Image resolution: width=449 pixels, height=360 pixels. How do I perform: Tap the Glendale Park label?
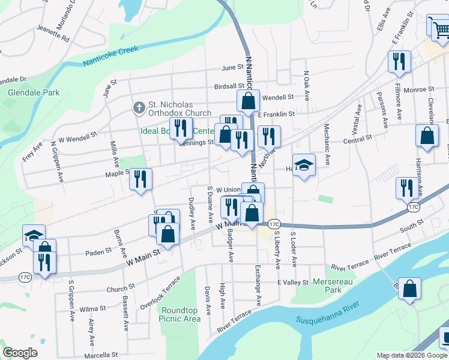[x=34, y=93]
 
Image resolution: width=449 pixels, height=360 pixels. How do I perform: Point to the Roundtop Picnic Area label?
[x=179, y=314]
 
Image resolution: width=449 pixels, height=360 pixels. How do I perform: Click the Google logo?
[x=20, y=353]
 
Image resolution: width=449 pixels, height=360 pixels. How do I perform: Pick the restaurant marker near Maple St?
[x=140, y=178]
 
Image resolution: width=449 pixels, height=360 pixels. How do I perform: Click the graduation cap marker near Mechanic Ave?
[x=304, y=165]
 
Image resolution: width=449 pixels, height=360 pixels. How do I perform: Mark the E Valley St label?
[x=292, y=282]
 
